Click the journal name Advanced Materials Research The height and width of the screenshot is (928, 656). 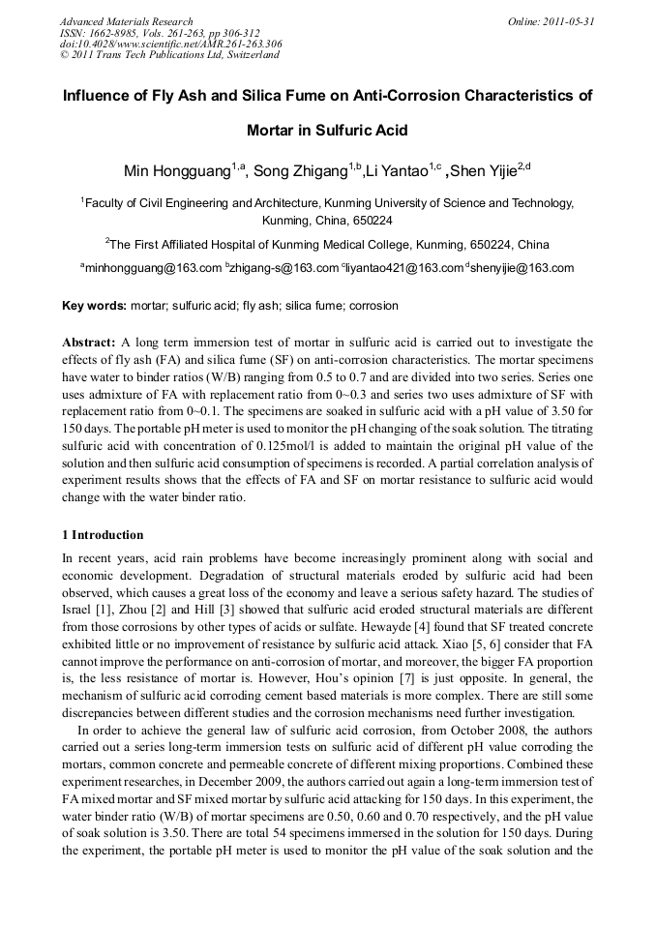click(126, 21)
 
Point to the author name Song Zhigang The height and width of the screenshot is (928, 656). click(299, 172)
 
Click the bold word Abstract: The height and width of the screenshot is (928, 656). click(89, 343)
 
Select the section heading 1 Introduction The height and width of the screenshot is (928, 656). click(103, 535)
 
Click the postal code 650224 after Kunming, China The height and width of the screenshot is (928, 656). click(373, 221)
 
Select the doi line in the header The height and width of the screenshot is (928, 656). click(171, 44)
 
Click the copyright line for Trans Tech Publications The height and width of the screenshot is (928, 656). click(169, 55)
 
